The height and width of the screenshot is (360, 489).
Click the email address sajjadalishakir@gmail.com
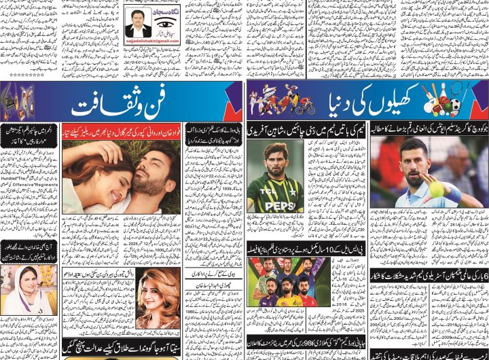pos(151,41)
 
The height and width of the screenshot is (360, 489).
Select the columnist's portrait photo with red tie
pos(139,26)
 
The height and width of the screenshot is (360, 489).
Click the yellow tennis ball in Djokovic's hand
pos(436,190)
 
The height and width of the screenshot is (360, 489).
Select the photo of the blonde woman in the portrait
pos(158,299)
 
